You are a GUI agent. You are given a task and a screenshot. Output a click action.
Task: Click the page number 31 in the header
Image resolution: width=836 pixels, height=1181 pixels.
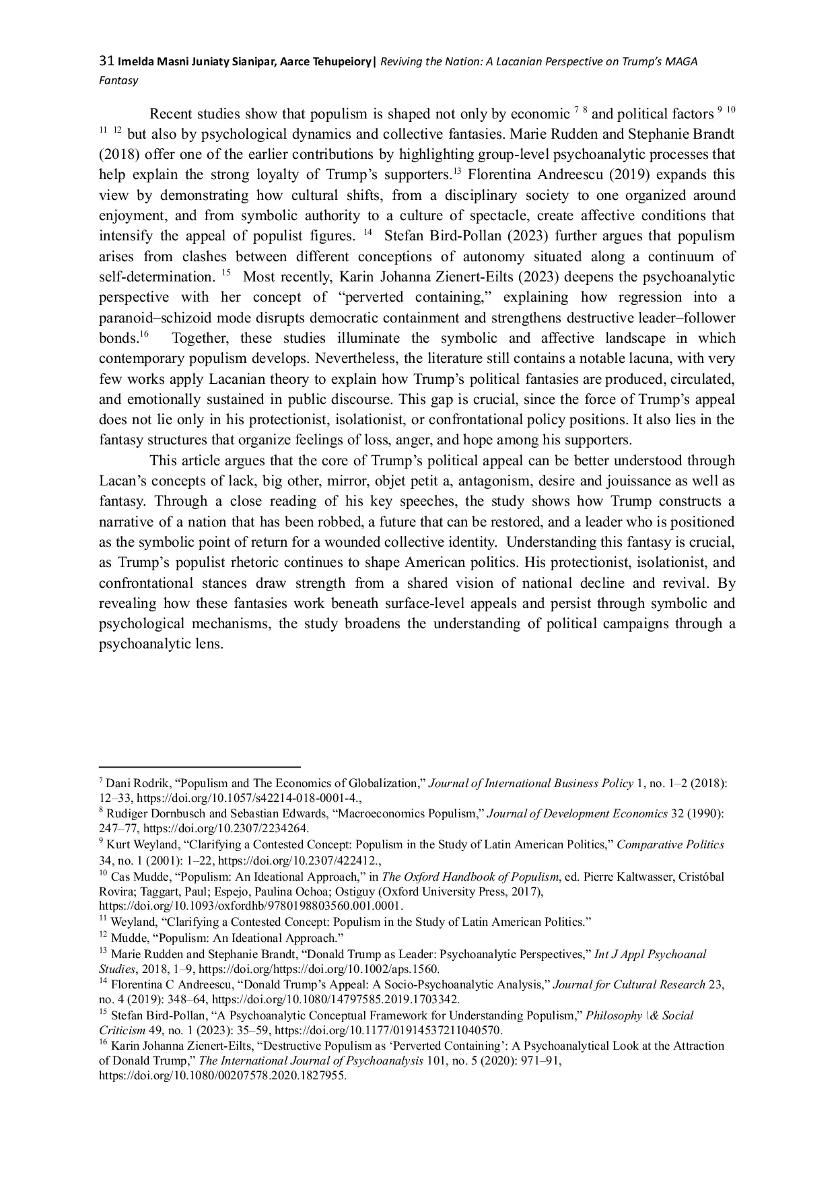(106, 62)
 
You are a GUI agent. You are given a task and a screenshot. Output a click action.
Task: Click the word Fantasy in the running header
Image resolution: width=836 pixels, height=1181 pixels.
(118, 81)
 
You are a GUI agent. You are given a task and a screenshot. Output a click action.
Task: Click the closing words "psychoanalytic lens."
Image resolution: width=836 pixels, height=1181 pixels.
(161, 644)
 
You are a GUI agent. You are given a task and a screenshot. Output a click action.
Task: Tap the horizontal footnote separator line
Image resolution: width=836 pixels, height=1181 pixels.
(199, 766)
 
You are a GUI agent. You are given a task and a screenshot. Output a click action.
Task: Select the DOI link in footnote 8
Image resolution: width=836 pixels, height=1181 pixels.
(226, 829)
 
